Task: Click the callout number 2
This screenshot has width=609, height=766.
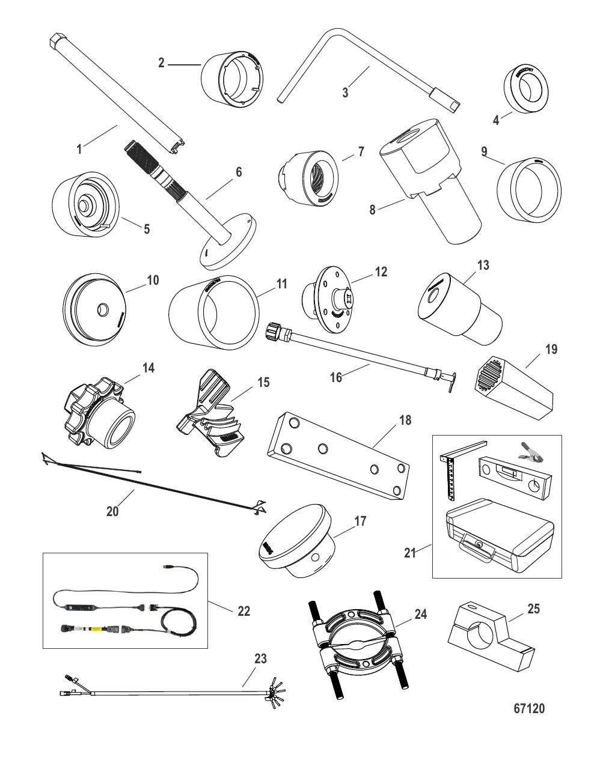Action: click(161, 62)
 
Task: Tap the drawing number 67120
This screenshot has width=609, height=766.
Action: click(529, 708)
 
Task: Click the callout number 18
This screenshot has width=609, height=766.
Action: click(405, 420)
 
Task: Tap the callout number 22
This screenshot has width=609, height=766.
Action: click(243, 611)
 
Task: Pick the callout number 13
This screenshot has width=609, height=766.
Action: click(483, 265)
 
